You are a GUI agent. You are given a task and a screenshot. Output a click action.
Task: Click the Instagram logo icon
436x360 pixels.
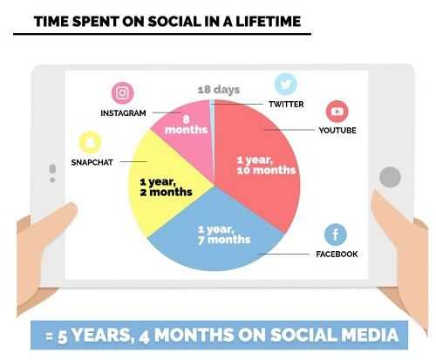point(123,93)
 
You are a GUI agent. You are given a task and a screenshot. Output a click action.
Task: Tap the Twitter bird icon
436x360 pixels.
point(286,84)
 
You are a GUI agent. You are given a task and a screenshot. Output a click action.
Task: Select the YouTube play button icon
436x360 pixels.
point(337,112)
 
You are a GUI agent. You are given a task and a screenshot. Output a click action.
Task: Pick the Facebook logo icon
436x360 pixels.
point(336,234)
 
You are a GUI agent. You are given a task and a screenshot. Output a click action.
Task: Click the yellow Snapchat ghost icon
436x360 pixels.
point(90,142)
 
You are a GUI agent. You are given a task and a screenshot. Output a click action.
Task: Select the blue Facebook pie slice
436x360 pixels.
point(215,238)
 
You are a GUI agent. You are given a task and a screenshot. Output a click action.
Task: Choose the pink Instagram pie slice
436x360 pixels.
point(186,131)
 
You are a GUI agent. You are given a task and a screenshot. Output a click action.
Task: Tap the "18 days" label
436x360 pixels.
point(219,90)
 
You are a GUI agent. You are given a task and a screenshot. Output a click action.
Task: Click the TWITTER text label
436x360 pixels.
point(286,104)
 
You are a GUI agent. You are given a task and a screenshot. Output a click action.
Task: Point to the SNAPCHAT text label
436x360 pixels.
point(92,162)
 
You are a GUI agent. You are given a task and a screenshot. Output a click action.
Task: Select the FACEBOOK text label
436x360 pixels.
point(337,254)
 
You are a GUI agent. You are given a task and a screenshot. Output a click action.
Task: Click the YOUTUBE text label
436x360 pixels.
point(337,130)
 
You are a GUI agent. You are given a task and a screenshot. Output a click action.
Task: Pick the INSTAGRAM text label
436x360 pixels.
point(123,113)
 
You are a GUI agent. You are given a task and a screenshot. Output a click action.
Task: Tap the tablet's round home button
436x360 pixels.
point(390,177)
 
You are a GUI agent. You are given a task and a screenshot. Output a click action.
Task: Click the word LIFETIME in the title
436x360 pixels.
point(268,22)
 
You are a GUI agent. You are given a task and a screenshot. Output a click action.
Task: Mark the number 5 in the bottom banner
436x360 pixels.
point(62,337)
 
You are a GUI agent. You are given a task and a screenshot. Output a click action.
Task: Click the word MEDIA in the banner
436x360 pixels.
point(370,335)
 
